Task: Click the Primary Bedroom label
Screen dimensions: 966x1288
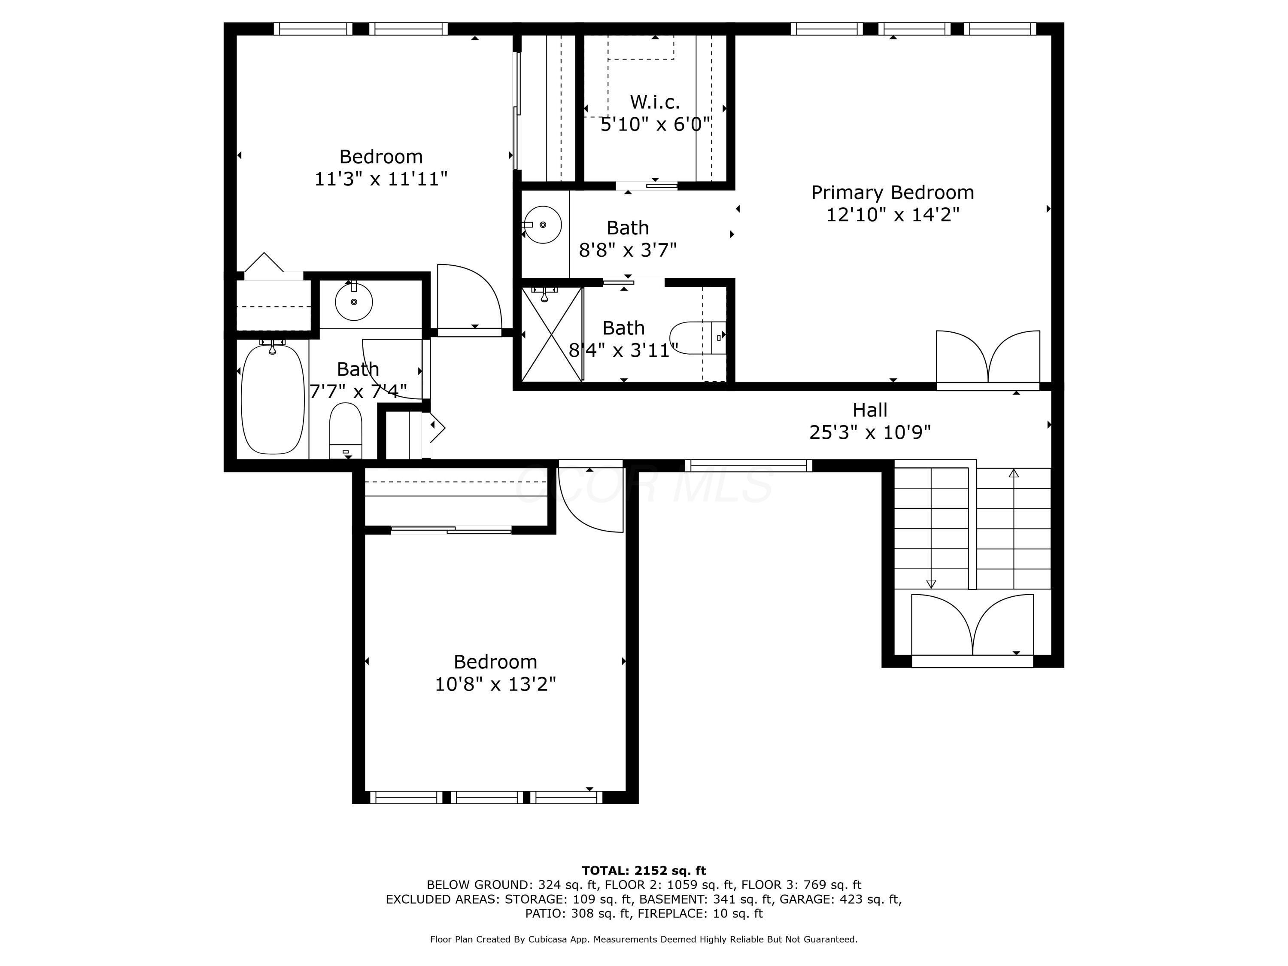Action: tap(892, 193)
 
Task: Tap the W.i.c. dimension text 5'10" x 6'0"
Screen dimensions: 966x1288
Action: tap(655, 124)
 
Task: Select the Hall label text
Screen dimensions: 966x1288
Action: tap(870, 410)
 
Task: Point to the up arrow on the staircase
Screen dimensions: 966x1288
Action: tap(1014, 474)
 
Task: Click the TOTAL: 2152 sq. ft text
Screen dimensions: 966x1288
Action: tap(644, 871)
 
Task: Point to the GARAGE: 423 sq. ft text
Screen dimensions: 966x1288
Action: tap(839, 899)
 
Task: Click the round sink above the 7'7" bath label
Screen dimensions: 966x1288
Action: tap(354, 302)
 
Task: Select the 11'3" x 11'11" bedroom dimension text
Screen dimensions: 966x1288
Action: tap(381, 179)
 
